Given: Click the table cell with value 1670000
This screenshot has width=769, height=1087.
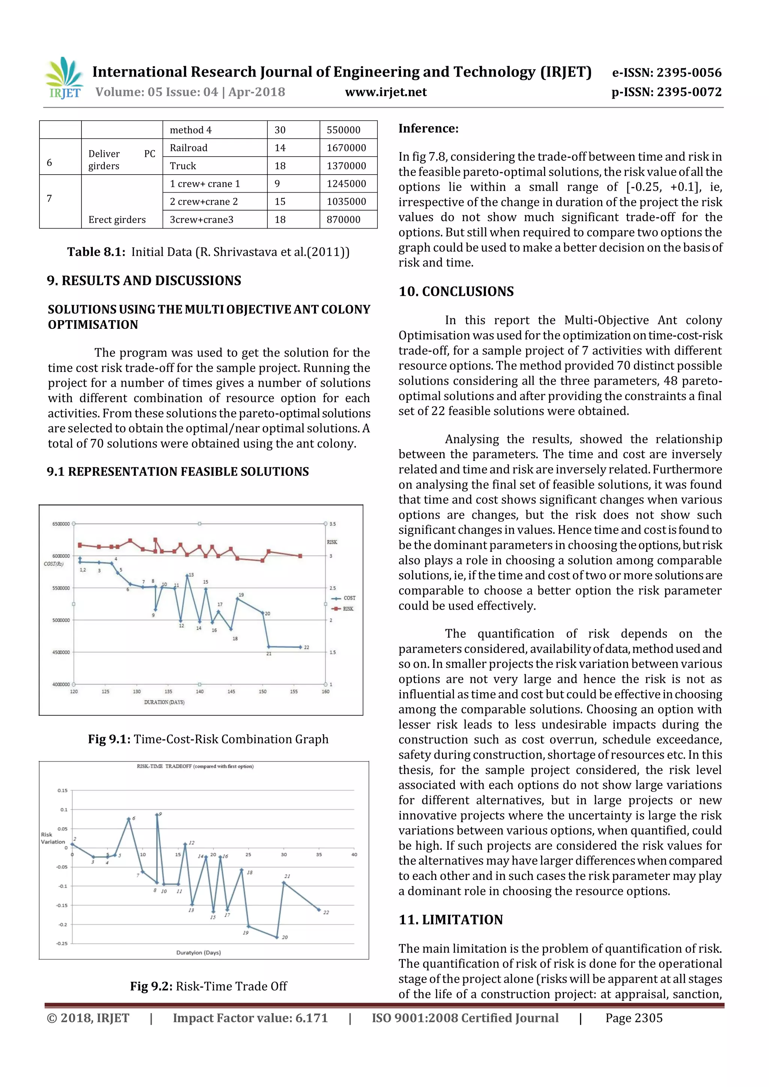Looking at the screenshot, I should (x=346, y=148).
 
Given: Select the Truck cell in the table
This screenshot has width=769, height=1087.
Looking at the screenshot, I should (x=183, y=166).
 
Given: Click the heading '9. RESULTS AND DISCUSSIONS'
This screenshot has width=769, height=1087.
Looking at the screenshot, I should (x=144, y=281).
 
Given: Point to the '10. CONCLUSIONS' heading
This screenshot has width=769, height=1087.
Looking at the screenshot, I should (x=455, y=292).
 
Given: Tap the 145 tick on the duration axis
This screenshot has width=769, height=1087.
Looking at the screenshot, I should (x=231, y=692).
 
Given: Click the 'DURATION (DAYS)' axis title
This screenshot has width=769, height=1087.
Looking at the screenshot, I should (x=164, y=702).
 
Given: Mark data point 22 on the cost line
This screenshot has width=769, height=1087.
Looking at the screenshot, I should (x=300, y=647).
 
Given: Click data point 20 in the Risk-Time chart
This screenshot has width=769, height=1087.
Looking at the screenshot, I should (x=277, y=937).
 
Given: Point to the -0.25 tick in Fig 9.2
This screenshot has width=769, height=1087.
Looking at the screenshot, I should (x=62, y=944).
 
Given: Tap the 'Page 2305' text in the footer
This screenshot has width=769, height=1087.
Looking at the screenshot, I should (x=633, y=1018).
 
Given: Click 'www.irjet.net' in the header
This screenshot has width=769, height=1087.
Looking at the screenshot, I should (x=386, y=92).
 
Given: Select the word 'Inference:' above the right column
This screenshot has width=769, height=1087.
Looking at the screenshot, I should (x=428, y=129).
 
